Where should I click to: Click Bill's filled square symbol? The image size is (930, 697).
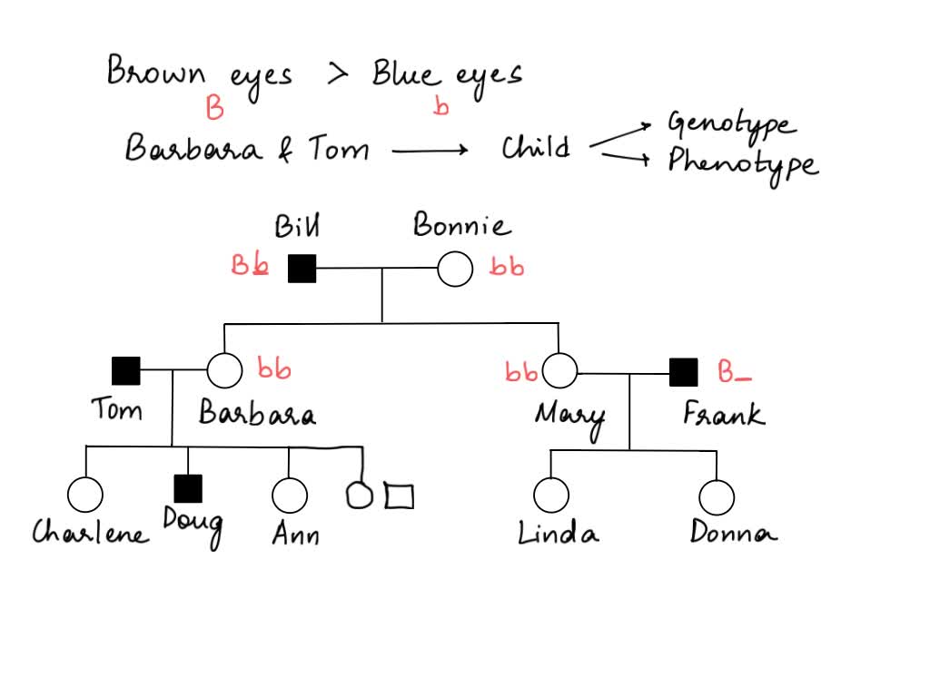(302, 270)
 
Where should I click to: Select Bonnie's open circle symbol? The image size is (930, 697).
(455, 270)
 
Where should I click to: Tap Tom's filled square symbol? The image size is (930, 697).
(126, 370)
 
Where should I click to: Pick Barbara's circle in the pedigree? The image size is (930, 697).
(224, 370)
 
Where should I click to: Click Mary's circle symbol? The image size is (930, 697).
(559, 370)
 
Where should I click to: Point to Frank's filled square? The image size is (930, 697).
(683, 372)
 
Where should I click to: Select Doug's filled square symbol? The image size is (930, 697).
(188, 488)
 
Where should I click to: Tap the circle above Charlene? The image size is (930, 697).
(85, 495)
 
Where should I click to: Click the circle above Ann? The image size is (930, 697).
(289, 496)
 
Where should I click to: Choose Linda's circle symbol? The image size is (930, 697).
(550, 496)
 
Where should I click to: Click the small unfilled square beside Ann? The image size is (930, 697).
(399, 496)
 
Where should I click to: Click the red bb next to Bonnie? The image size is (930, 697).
(507, 267)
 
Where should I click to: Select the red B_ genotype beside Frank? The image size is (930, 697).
(734, 372)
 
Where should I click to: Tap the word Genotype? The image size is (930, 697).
(730, 124)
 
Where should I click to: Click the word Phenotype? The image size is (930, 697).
(742, 163)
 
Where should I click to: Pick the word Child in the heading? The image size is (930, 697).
(536, 147)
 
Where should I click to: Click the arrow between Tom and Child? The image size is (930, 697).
(430, 150)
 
